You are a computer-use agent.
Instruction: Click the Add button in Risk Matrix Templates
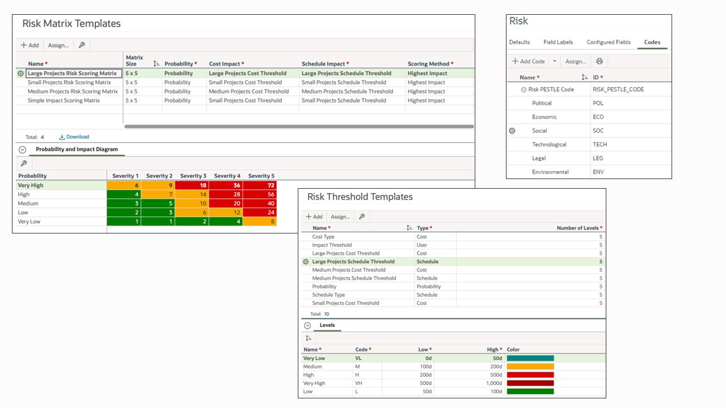point(29,45)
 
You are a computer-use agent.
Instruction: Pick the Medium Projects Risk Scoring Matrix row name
point(73,91)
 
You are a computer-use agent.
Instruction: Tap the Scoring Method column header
point(428,64)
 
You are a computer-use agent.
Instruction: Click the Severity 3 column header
point(193,176)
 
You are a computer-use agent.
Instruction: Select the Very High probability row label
point(31,185)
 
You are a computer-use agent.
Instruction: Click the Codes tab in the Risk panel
point(652,42)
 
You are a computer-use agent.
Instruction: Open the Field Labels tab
point(558,42)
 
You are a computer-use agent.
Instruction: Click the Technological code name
point(549,144)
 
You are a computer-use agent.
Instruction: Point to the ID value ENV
point(598,172)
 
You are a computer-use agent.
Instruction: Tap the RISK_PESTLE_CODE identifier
point(618,90)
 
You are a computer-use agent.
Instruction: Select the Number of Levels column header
point(577,228)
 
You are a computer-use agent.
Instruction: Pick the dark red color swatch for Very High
point(530,383)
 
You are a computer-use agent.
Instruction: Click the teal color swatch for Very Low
point(530,358)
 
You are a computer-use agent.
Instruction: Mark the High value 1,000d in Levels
point(492,383)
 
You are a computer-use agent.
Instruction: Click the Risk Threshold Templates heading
point(360,197)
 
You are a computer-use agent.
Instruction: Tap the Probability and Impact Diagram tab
point(77,150)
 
